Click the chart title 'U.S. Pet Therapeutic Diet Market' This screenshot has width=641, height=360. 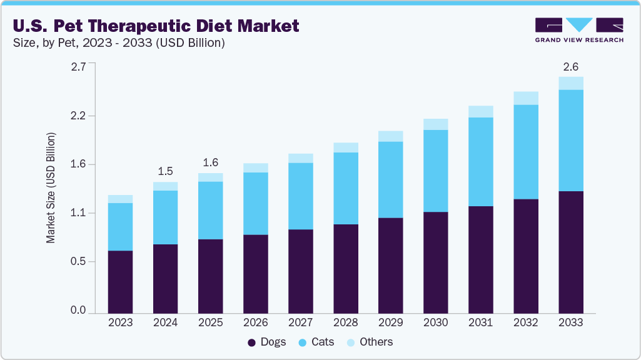tap(155, 26)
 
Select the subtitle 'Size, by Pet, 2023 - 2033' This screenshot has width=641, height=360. tap(118, 43)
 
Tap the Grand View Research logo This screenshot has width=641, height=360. tap(578, 30)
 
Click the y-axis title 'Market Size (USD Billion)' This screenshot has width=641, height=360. tap(51, 187)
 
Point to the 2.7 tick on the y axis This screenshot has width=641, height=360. tap(78, 67)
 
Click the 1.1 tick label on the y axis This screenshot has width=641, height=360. tap(78, 213)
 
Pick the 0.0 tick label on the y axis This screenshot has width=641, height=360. tap(78, 311)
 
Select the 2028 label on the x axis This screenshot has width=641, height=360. tap(345, 322)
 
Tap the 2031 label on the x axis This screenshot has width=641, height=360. tap(480, 322)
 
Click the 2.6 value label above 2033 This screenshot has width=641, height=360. tap(570, 66)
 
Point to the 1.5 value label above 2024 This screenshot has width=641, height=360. tap(165, 171)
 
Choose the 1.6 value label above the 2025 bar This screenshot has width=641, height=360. tap(210, 162)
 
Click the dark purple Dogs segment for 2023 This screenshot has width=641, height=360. tap(120, 281)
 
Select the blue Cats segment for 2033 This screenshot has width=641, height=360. tap(570, 140)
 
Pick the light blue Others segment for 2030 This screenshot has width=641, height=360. tap(435, 124)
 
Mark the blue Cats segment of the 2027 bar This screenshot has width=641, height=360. tap(300, 196)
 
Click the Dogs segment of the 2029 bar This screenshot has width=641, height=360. tap(390, 265)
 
